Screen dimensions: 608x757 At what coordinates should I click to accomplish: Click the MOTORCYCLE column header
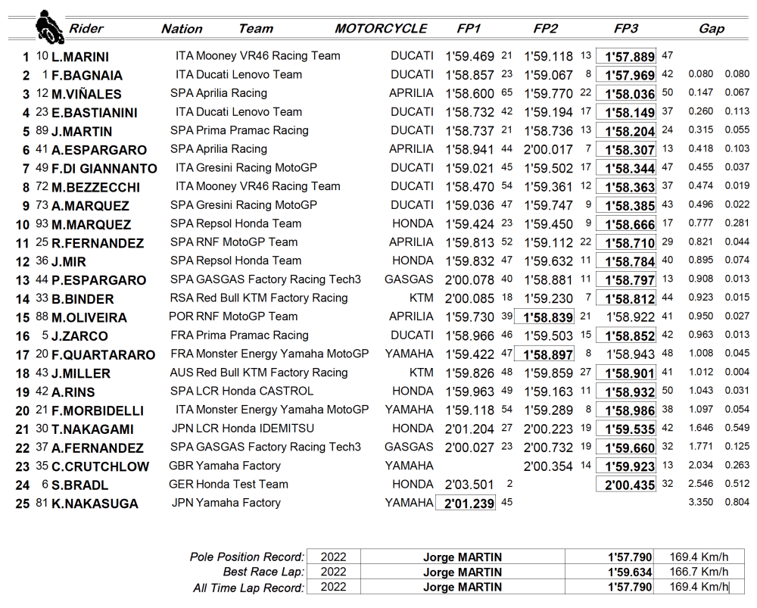(x=381, y=29)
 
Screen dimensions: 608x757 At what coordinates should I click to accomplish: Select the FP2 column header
(x=545, y=29)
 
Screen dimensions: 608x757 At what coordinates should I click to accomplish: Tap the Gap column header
(x=711, y=29)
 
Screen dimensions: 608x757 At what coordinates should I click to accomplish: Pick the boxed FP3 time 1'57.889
(x=626, y=57)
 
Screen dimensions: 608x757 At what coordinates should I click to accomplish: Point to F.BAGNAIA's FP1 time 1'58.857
(x=469, y=75)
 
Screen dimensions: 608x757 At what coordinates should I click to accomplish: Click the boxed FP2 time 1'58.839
(x=547, y=316)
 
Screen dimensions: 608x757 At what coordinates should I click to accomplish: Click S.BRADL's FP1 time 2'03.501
(x=469, y=485)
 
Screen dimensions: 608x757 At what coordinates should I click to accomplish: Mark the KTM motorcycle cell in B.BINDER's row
(x=421, y=298)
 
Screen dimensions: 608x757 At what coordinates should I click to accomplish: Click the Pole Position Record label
(x=247, y=557)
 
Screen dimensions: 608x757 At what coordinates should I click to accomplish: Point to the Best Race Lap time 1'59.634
(x=630, y=572)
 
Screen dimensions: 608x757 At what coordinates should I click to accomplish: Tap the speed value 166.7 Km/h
(x=699, y=572)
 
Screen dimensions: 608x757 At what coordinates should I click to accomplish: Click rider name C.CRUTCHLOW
(x=101, y=466)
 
